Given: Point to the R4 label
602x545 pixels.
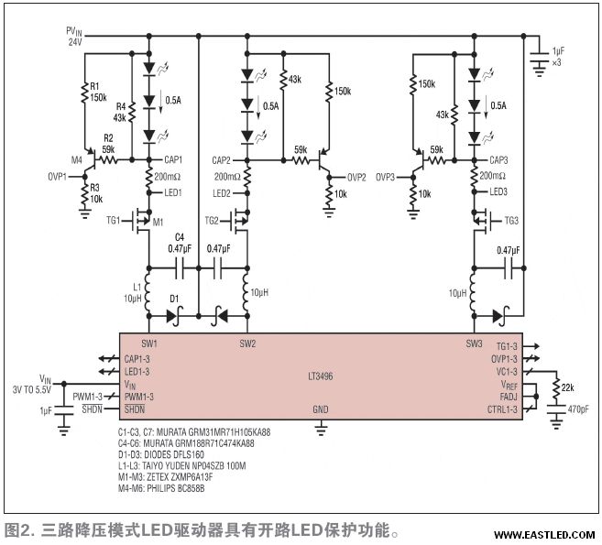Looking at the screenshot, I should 120,112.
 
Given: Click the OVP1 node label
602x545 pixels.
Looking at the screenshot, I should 58,175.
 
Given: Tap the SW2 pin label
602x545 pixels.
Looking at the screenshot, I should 248,343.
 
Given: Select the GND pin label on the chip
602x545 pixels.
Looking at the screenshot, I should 320,409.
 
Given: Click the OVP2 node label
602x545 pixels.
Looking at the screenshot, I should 357,177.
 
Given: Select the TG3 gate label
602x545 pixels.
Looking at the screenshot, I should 510,221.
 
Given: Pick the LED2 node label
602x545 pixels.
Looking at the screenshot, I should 222,193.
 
